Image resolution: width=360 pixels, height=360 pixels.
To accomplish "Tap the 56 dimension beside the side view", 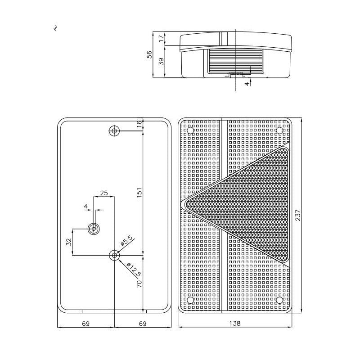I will click(150, 54).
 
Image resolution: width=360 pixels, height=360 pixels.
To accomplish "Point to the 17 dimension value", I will click(161, 39).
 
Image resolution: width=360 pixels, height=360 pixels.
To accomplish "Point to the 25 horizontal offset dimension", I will click(104, 193).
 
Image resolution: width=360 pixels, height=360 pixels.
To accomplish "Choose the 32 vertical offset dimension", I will click(69, 242).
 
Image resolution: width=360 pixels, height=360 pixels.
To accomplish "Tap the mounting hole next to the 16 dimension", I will click(114, 131).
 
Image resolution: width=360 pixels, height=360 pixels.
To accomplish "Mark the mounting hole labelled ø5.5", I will click(114, 255).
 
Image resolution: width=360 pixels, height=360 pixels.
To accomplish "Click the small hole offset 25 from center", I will click(94, 228).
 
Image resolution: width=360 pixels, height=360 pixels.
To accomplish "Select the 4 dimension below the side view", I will click(247, 83).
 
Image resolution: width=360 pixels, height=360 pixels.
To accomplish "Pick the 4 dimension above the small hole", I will click(85, 206).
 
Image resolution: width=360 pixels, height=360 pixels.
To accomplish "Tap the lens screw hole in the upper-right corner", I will click(279, 130).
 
